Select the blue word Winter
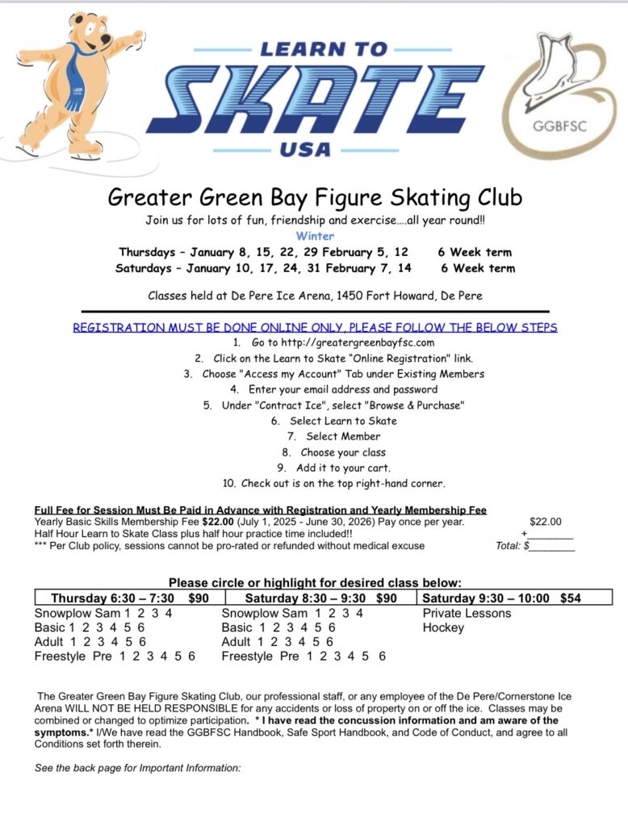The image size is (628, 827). [314, 237]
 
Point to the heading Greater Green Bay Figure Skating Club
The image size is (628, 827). [315, 197]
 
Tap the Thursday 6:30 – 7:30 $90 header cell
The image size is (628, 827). [128, 598]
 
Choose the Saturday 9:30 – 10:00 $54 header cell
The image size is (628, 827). [500, 598]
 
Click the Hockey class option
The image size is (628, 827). [443, 628]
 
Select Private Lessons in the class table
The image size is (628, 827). [467, 613]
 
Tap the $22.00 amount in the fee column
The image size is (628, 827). [545, 522]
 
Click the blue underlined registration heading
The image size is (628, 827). [315, 327]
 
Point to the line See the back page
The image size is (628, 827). [137, 767]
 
